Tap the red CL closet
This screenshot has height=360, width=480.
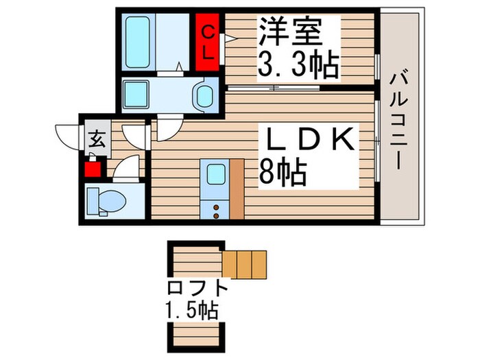coord(209,42)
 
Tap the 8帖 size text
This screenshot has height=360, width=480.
coord(283,174)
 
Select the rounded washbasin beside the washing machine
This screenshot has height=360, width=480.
coord(204,95)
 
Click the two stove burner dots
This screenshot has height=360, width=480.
coord(217,211)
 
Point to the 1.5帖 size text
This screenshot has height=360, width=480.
coord(191,311)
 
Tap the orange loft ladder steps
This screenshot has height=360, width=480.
coord(243,264)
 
